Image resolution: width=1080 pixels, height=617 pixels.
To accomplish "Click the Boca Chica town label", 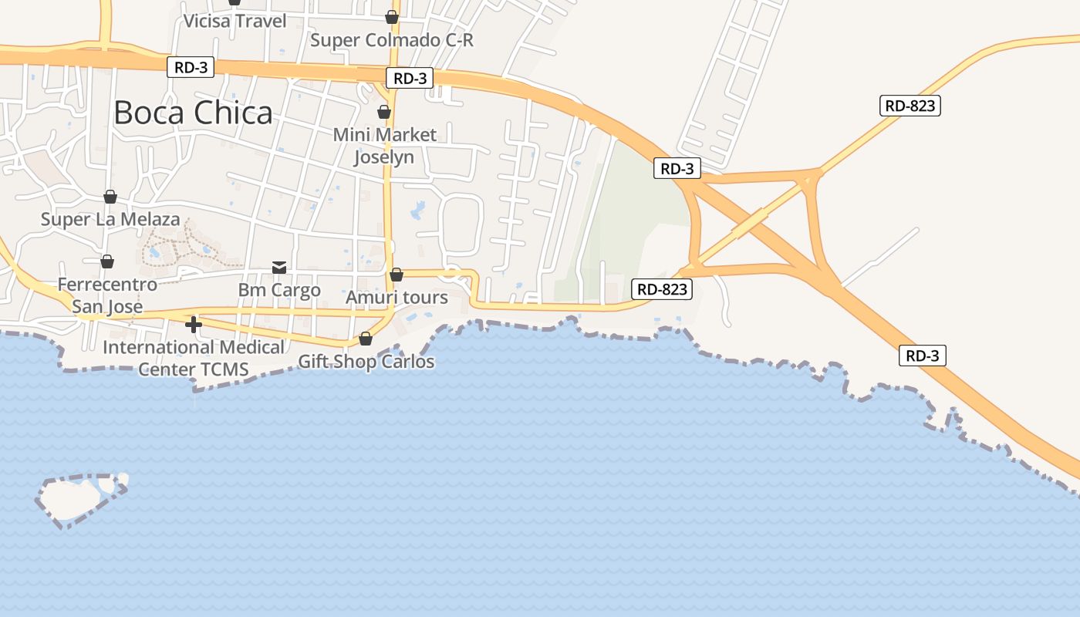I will point(193,113).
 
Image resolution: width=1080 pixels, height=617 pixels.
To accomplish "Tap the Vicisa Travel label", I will point(235,21).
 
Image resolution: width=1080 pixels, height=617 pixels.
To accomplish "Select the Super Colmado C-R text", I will point(391,39).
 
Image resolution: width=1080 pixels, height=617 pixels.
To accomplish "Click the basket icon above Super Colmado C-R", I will point(392,16).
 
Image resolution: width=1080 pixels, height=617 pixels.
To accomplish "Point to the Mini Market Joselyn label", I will point(384,146).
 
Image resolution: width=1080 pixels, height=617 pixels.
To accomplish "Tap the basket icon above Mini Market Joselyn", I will point(384,112).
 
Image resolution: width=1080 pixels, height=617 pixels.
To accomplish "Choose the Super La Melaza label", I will point(110,219).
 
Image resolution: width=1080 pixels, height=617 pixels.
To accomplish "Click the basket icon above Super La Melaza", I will point(110,197).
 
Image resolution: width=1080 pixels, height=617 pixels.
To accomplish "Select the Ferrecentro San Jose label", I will point(107,295).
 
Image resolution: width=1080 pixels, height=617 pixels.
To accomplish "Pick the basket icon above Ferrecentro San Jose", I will point(107,261).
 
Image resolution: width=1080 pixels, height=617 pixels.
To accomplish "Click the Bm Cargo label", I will point(279,290).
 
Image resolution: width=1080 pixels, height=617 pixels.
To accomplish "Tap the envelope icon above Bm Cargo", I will point(279,267).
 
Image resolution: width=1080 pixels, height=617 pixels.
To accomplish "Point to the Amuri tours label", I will point(397,297).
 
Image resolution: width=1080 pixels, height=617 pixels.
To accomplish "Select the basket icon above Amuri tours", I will point(397,274).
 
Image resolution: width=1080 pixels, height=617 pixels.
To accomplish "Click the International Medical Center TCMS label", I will point(194,358).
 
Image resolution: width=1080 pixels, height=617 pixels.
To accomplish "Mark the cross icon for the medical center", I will point(194,325).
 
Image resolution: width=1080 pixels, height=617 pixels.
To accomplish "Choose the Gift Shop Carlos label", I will point(366,361).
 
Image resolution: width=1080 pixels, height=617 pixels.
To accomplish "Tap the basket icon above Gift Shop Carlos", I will point(366,339).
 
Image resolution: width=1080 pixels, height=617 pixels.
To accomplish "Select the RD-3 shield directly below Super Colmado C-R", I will point(410,78).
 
